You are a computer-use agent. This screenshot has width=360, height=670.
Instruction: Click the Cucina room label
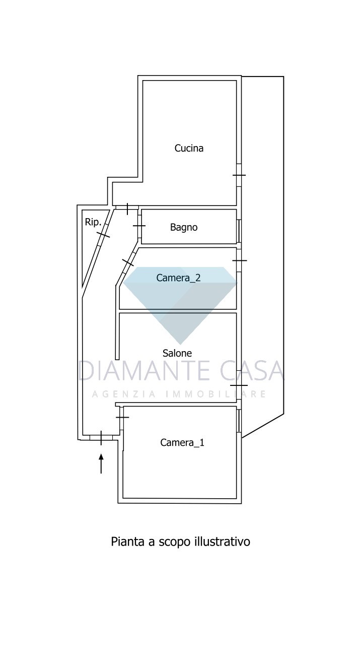tap(189, 148)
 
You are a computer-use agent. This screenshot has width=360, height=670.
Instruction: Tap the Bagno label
tap(184, 227)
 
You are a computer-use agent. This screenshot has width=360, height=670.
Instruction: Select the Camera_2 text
tap(178, 278)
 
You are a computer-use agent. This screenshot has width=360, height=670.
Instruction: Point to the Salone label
tap(177, 353)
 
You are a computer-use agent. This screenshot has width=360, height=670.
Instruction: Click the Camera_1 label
tap(182, 443)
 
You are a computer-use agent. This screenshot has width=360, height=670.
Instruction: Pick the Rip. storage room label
tap(93, 222)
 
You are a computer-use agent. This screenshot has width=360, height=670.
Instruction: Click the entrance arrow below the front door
tap(101, 463)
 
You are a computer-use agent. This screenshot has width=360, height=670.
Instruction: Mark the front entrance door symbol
tap(101, 438)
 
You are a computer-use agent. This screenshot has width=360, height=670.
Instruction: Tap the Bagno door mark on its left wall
tap(139, 226)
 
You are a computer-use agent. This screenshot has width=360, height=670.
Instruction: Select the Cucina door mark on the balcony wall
tap(239, 175)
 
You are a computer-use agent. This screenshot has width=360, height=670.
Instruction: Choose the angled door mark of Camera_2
tap(128, 262)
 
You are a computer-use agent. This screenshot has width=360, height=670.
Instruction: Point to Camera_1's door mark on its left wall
tap(122, 417)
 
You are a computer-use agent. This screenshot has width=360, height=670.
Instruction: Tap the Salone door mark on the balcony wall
tap(239, 385)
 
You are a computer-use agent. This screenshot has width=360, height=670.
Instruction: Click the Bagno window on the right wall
tap(239, 231)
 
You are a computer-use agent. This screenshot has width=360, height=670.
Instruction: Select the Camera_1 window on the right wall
tap(239, 421)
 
